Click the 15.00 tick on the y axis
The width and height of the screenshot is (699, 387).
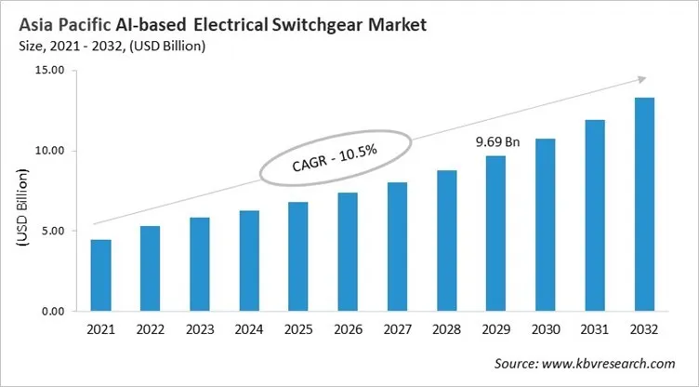[x=48, y=71]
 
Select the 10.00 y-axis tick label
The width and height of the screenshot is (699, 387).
[x=48, y=151]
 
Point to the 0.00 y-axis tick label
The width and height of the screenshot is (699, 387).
[x=51, y=311]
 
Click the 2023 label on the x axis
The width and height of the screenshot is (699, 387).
[x=200, y=329]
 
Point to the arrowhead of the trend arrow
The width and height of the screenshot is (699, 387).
[x=642, y=80]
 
